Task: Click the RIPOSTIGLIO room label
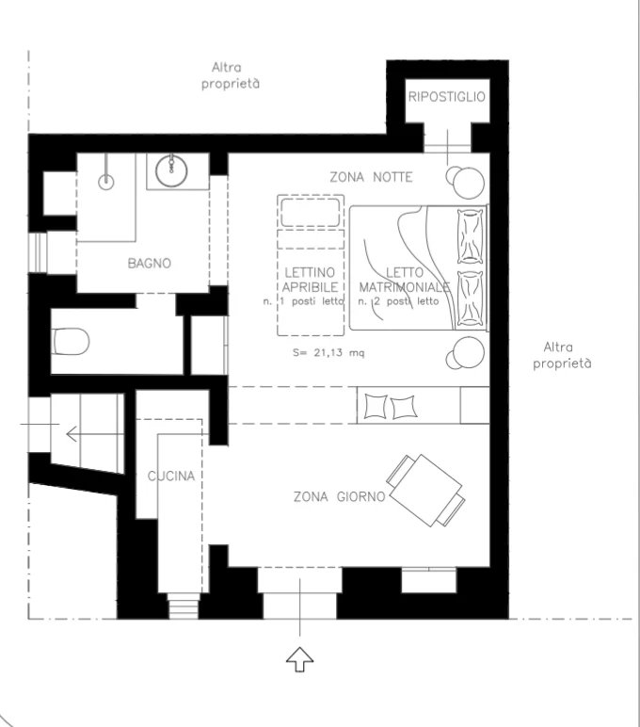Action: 447,96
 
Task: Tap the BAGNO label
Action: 150,264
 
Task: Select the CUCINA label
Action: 171,476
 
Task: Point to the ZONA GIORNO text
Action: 339,496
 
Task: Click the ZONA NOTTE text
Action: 371,177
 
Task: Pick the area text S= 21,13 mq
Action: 328,352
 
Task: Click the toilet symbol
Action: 70,342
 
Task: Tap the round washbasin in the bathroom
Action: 171,170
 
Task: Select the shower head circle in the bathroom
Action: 106,182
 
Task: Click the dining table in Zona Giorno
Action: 425,490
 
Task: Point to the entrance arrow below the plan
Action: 300,659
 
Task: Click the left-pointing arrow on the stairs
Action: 95,434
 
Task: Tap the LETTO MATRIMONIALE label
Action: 404,280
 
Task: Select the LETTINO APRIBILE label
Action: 310,280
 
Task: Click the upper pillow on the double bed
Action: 470,236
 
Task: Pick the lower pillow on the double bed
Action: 470,299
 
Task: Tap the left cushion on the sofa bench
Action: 376,407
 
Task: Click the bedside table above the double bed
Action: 465,182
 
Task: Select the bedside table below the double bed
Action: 465,353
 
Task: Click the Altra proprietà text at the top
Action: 231,75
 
